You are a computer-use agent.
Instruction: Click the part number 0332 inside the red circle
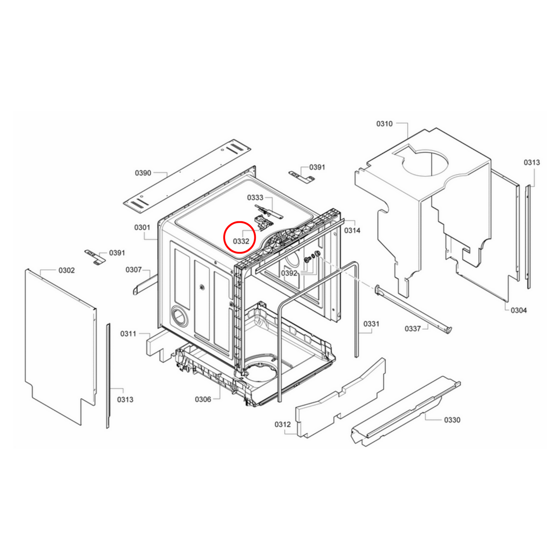coord(241,241)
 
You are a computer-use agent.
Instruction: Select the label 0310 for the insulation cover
coord(384,124)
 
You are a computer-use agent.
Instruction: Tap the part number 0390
coord(143,173)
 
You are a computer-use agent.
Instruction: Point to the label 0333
coord(255,198)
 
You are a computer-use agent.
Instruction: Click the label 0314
coord(352,231)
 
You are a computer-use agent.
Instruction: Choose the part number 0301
coord(142,227)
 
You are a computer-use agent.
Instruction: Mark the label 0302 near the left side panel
coord(67,270)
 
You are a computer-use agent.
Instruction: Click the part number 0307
coord(133,270)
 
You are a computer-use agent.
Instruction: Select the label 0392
coord(289,273)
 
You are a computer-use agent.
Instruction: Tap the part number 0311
coord(128,334)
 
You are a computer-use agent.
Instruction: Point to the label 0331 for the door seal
coord(371,324)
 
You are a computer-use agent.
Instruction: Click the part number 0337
coord(413,329)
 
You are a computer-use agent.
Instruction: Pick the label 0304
coord(518,310)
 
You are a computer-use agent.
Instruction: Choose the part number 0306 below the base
coord(203,399)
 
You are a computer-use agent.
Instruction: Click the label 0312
coord(283,424)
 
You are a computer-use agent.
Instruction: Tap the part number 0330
coord(452,420)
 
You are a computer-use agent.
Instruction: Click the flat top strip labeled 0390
coord(188,176)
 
